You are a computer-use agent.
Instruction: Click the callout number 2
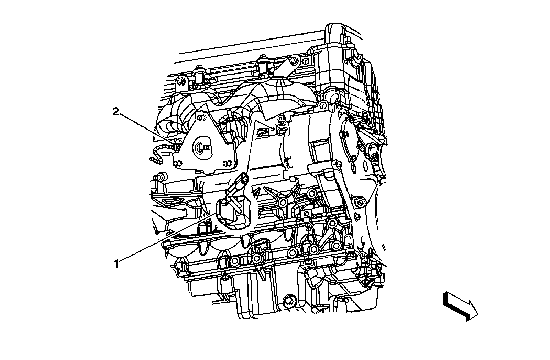115,112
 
